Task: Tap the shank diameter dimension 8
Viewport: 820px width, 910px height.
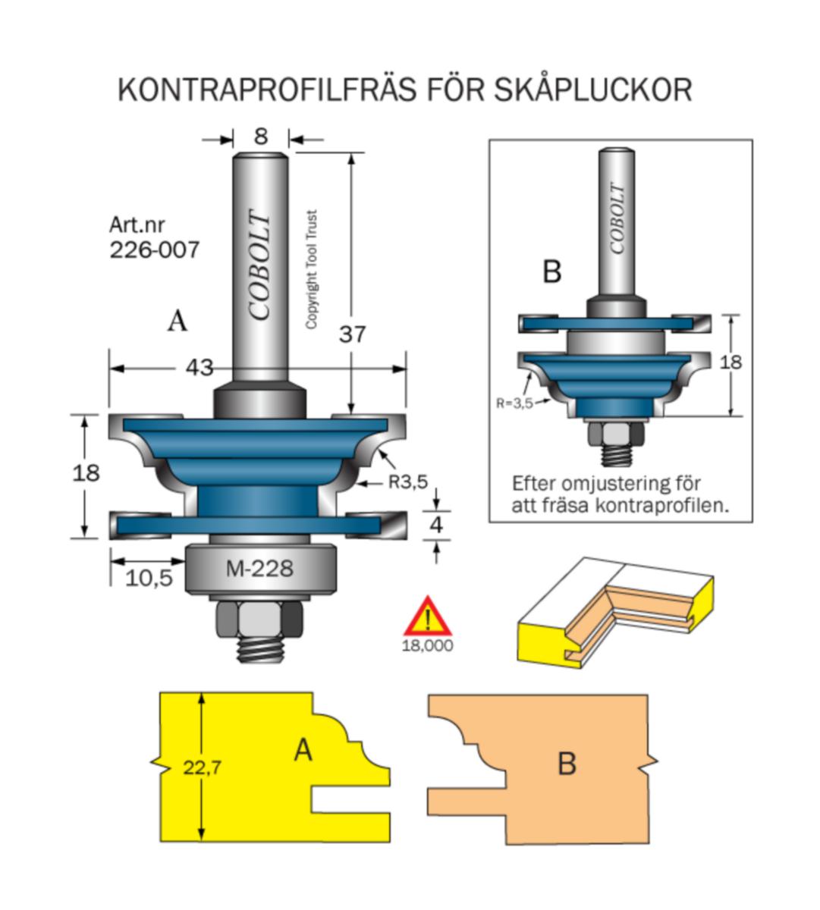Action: pyautogui.click(x=261, y=136)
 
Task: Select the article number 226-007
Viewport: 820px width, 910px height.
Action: pyautogui.click(x=155, y=249)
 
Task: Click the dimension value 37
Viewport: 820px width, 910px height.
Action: pyautogui.click(x=352, y=334)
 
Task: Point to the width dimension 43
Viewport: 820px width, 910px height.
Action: pyautogui.click(x=200, y=368)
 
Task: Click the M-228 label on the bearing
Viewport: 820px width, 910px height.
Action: pyautogui.click(x=259, y=568)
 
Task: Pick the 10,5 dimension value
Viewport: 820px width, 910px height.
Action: pyautogui.click(x=149, y=579)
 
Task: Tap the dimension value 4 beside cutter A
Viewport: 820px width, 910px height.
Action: pyautogui.click(x=435, y=525)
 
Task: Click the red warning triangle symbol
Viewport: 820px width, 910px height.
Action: pyautogui.click(x=428, y=617)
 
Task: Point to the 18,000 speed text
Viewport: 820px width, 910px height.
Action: pyautogui.click(x=428, y=646)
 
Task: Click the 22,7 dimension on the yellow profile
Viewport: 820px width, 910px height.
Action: pyautogui.click(x=202, y=767)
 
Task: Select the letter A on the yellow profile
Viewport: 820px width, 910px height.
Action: pyautogui.click(x=303, y=751)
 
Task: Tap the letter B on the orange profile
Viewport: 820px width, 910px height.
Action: pyautogui.click(x=567, y=764)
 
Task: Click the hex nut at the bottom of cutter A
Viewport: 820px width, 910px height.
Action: pyautogui.click(x=259, y=622)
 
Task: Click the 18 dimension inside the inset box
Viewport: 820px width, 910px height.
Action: pyautogui.click(x=730, y=362)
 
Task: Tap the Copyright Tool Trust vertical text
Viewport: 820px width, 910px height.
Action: pyautogui.click(x=311, y=269)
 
